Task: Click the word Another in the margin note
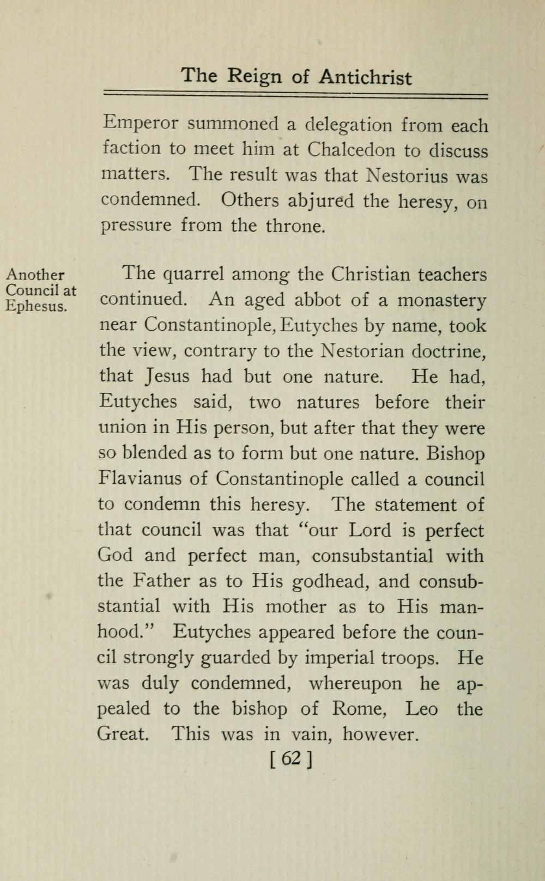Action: tap(35, 275)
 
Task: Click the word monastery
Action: tap(442, 300)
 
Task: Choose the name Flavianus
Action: tap(140, 479)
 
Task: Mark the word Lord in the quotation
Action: tap(370, 530)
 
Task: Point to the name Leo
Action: tap(422, 709)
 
